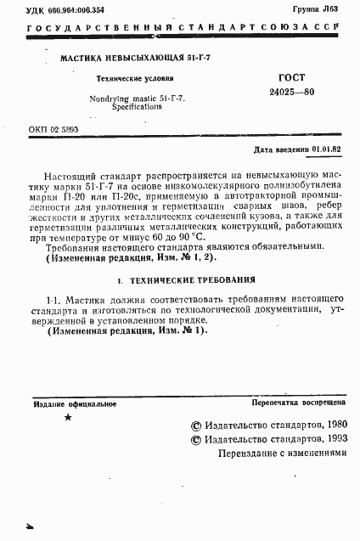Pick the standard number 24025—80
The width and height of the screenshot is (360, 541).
tap(291, 92)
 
